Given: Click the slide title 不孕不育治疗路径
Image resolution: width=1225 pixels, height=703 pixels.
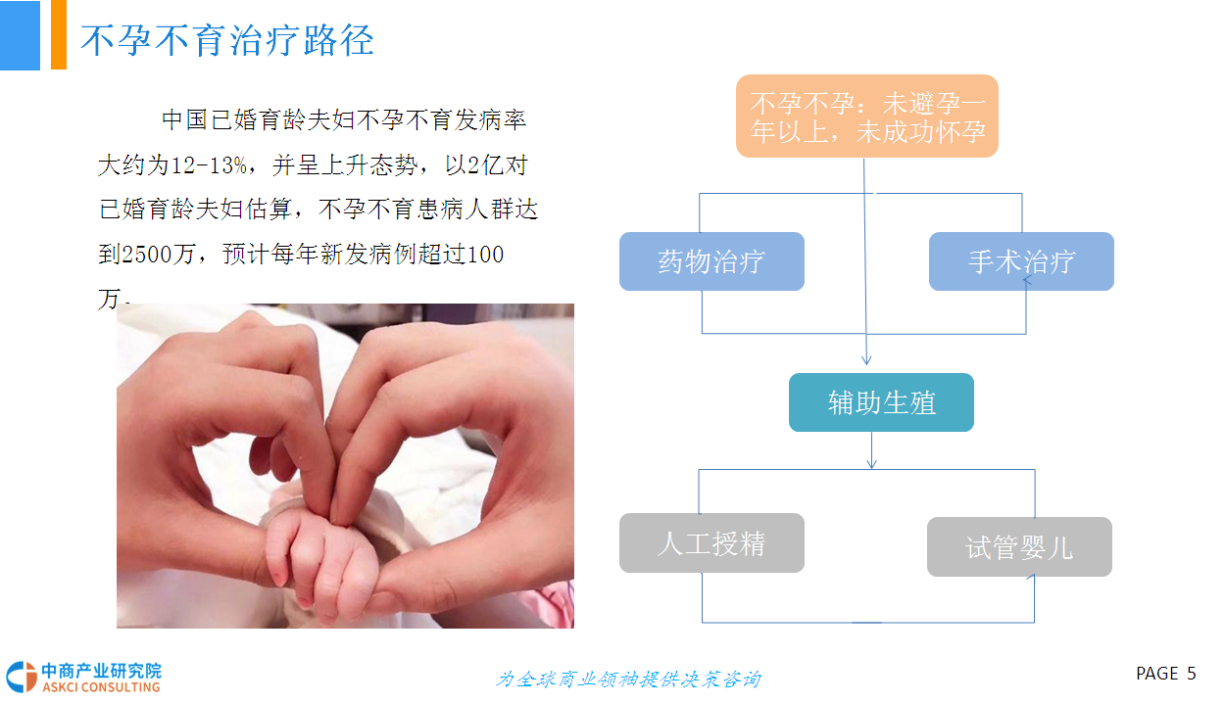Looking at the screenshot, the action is pyautogui.click(x=227, y=40).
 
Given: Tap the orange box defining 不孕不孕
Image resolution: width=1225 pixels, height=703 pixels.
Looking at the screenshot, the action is pyautogui.click(x=866, y=117).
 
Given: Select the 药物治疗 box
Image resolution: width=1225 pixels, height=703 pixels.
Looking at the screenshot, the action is pyautogui.click(x=711, y=261).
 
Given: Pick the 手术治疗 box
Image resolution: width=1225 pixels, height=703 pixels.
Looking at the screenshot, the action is pyautogui.click(x=1021, y=261).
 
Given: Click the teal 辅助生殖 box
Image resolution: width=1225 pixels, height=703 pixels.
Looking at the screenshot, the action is pyautogui.click(x=881, y=402).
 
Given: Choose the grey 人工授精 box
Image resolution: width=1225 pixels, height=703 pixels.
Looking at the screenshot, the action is pyautogui.click(x=711, y=543).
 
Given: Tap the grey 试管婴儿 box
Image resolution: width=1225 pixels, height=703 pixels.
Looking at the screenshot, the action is pyautogui.click(x=1019, y=546).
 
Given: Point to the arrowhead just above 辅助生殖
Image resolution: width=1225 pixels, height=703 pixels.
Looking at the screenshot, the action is pyautogui.click(x=866, y=360).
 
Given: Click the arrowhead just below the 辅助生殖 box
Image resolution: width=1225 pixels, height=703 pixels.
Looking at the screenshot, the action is pyautogui.click(x=872, y=464).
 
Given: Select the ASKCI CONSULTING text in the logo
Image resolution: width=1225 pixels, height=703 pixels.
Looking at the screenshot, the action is pyautogui.click(x=101, y=686).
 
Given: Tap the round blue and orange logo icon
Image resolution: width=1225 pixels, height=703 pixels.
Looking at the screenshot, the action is pyautogui.click(x=22, y=677).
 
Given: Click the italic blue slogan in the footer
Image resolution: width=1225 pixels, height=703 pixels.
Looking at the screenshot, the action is pyautogui.click(x=628, y=679).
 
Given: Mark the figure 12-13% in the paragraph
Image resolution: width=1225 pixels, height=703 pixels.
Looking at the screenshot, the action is pyautogui.click(x=210, y=164).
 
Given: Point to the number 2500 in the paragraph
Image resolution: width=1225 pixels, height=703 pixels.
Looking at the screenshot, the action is pyautogui.click(x=147, y=255).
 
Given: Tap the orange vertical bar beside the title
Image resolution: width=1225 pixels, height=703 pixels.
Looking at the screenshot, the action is pyautogui.click(x=59, y=35).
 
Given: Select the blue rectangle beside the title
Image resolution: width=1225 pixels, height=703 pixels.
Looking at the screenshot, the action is pyautogui.click(x=20, y=35).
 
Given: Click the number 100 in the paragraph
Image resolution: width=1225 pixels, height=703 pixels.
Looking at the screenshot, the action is pyautogui.click(x=485, y=255).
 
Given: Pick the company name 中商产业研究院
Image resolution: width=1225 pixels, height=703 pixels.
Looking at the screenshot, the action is pyautogui.click(x=102, y=671).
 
